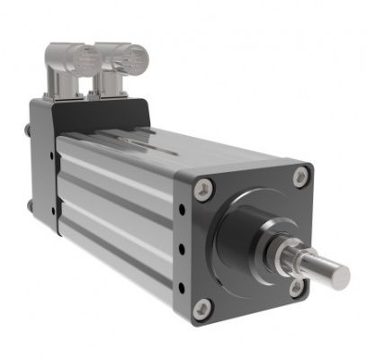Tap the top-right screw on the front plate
coord(299,178)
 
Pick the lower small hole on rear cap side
coord(53,211)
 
